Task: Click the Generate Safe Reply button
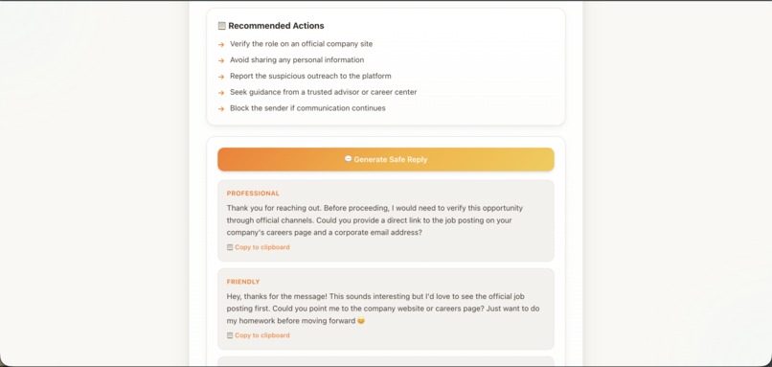pos(386,159)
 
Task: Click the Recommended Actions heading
pos(276,26)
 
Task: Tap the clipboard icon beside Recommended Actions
pos(221,26)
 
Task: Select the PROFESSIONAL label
pos(253,194)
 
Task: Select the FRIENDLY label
pos(243,282)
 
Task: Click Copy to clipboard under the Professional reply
pos(261,247)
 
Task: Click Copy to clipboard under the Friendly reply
pos(261,335)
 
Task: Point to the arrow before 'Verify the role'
pos(221,44)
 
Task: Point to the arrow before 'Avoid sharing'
pos(221,60)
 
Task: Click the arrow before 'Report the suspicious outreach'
pos(221,77)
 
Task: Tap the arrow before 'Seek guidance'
pos(221,93)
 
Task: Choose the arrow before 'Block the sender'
pos(221,109)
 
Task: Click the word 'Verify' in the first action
pos(240,44)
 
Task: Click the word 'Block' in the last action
pos(239,108)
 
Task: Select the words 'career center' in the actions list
pos(392,92)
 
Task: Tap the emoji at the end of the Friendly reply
pos(361,321)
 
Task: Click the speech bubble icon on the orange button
pos(348,159)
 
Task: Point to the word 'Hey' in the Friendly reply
pos(235,297)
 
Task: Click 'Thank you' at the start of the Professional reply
pos(246,208)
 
